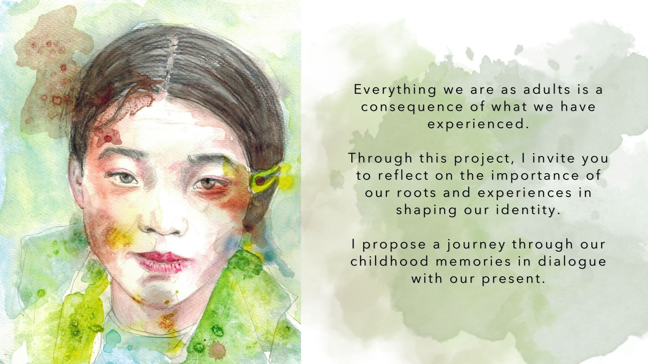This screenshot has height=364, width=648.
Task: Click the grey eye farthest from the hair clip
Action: point(124,178)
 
